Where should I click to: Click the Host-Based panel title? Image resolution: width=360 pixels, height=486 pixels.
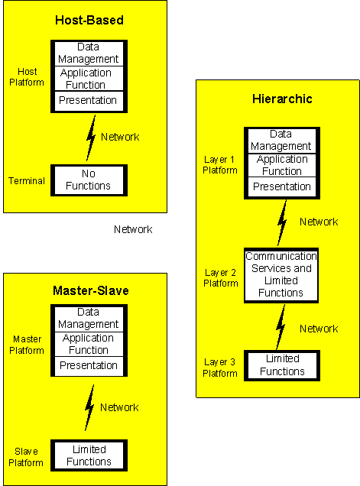[89, 20]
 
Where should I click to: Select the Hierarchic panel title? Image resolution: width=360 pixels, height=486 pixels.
[282, 99]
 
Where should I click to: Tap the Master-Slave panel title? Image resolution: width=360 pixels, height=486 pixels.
[90, 290]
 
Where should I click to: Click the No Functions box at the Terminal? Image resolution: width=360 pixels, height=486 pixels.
[89, 180]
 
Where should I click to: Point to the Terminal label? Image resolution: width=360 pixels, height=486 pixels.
[27, 180]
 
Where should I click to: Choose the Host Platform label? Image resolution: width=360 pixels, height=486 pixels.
[27, 77]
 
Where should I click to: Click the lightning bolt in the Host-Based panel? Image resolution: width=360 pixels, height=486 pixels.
[91, 138]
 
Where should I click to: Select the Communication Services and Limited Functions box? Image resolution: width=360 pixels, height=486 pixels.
[281, 275]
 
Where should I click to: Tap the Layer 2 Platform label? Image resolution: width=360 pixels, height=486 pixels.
[220, 277]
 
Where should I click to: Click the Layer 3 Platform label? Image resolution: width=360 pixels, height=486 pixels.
[220, 368]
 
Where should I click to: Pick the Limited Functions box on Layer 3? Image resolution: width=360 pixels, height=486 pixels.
[282, 365]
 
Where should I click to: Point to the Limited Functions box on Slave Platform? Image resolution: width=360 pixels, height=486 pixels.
[89, 455]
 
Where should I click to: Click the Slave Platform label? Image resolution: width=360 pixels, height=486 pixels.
[26, 457]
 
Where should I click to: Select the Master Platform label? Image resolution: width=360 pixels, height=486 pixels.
[27, 345]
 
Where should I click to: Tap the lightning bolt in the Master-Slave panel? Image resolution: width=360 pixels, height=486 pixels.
[89, 407]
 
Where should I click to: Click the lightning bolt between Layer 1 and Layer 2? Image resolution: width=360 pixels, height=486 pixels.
[282, 223]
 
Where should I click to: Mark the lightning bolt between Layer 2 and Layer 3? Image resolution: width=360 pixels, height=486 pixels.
[281, 327]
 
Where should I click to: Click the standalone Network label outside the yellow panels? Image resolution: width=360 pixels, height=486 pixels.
[133, 229]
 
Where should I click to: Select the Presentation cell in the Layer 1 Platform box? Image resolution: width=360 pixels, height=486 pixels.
[282, 186]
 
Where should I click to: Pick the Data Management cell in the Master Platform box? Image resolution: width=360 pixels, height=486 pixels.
[89, 319]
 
